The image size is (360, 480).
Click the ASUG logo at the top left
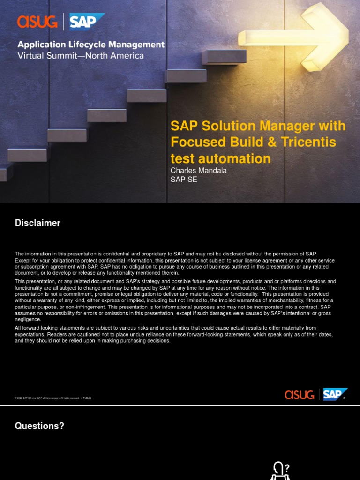click(37, 22)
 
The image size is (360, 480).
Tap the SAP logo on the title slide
click(86, 22)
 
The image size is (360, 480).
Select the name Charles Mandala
click(198, 171)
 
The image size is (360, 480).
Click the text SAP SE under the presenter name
click(184, 180)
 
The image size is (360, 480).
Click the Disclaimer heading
click(37, 223)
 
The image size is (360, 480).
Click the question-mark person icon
click(280, 470)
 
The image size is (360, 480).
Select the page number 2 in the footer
click(344, 398)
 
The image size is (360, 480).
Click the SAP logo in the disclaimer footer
click(335, 394)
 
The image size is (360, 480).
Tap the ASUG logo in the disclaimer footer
click(300, 395)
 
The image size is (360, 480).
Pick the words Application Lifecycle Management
click(91, 45)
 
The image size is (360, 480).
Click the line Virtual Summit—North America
click(81, 56)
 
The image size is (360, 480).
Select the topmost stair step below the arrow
click(224, 57)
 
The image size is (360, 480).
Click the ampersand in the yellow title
click(278, 142)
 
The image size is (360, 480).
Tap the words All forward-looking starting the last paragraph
click(35, 328)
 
